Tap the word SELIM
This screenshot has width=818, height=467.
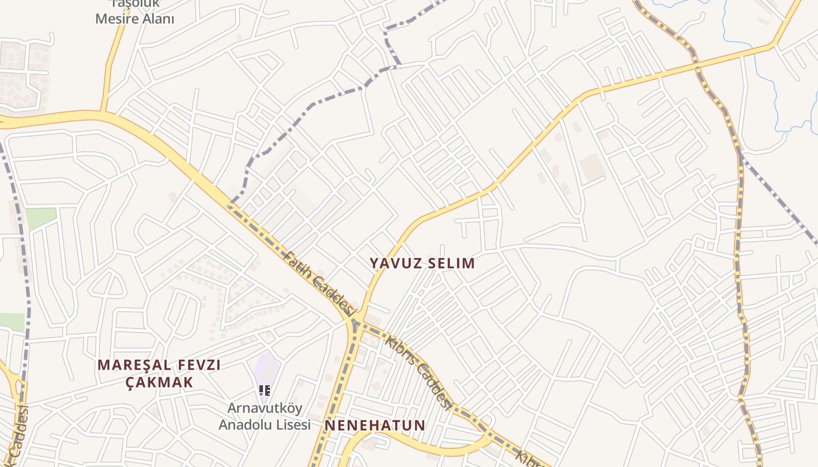450,263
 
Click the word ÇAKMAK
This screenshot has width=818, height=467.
159,382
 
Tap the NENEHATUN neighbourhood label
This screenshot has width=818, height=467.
375,426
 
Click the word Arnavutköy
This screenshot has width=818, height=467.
264,407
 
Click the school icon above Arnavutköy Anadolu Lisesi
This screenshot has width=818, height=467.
264,391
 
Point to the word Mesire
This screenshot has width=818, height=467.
117,19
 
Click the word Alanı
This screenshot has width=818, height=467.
157,19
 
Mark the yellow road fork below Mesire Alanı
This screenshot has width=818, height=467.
104,111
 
